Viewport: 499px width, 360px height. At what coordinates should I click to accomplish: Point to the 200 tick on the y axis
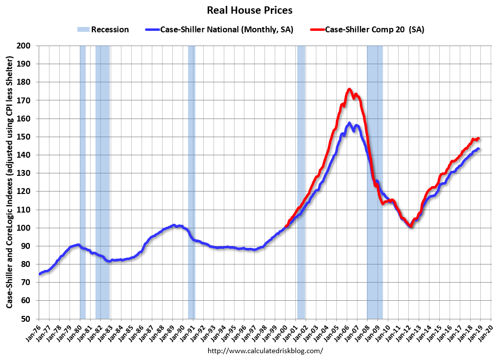click(24, 46)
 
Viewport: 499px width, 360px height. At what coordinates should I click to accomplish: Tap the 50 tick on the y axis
click(26, 318)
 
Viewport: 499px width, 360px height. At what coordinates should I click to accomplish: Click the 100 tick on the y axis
click(24, 228)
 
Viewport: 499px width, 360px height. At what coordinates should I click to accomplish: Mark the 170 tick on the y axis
click(24, 100)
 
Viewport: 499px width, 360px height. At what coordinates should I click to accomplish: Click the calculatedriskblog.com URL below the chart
click(265, 351)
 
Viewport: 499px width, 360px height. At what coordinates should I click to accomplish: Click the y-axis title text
click(10, 182)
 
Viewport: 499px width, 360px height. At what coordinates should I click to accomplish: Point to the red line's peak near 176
click(349, 89)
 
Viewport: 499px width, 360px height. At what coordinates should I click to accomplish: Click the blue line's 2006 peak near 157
click(349, 123)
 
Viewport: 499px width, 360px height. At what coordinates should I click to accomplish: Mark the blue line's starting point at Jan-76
click(40, 274)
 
